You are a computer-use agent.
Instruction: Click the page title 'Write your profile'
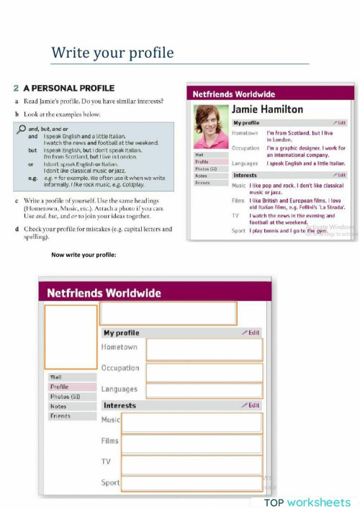112,53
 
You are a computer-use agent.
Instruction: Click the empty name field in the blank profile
167,313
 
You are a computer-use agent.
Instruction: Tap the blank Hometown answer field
204,350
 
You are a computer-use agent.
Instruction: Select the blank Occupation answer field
204,372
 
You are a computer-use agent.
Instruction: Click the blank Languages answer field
204,391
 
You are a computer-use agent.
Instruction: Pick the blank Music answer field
192,423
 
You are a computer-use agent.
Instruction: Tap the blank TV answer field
192,464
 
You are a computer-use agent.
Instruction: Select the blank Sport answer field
192,484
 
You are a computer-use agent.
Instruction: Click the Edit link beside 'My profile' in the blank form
251,333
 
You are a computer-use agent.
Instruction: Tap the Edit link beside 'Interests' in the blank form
251,405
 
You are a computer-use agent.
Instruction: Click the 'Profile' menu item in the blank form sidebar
60,387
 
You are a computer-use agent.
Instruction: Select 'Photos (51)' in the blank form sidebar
64,397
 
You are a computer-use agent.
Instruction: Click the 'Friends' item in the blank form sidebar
60,416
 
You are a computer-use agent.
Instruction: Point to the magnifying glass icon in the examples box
21,128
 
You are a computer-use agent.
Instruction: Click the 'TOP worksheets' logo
307,502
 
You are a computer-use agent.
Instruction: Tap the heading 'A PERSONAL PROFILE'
69,88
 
